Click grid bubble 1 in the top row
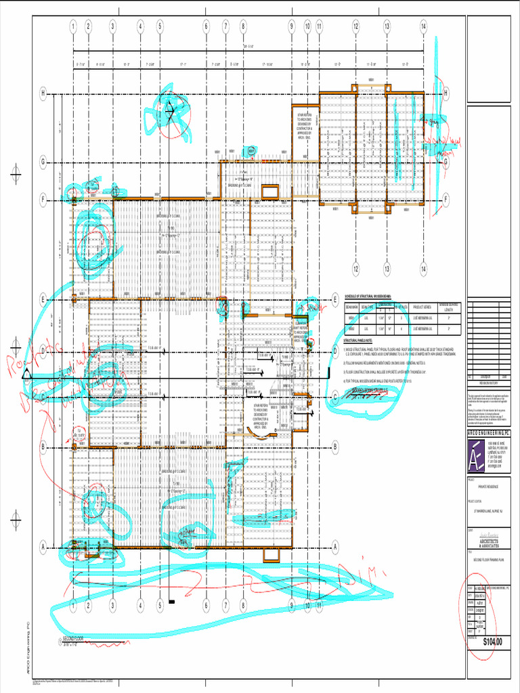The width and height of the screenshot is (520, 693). coord(72,26)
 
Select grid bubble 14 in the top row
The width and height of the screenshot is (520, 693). coord(423,26)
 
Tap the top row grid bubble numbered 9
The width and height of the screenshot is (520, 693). coord(292,26)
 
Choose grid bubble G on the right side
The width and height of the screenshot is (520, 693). coord(446,162)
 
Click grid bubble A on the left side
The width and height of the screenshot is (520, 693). coord(43,547)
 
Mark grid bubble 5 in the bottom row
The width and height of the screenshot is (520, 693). coord(160,606)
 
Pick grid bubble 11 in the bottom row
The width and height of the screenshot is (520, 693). coord(319,606)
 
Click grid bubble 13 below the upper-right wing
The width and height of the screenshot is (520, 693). coord(387,269)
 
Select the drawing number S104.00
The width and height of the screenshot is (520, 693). coord(493,641)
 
